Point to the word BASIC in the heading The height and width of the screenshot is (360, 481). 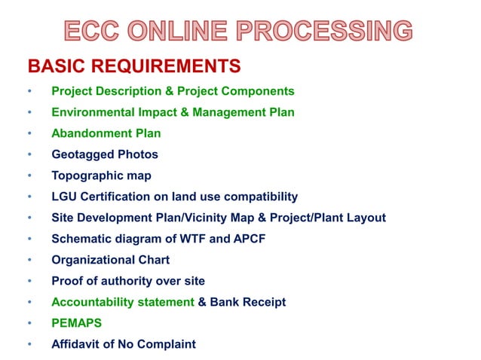coord(55,66)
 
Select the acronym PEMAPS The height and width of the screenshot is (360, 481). coord(77,323)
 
